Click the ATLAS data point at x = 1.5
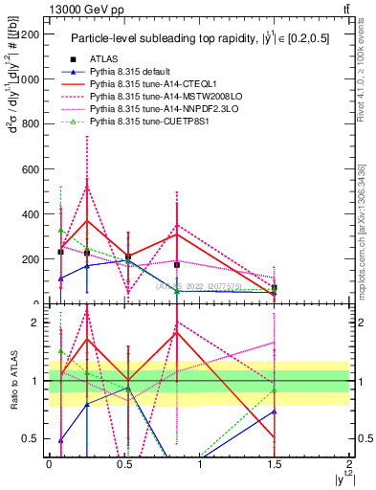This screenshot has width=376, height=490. click(x=275, y=288)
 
